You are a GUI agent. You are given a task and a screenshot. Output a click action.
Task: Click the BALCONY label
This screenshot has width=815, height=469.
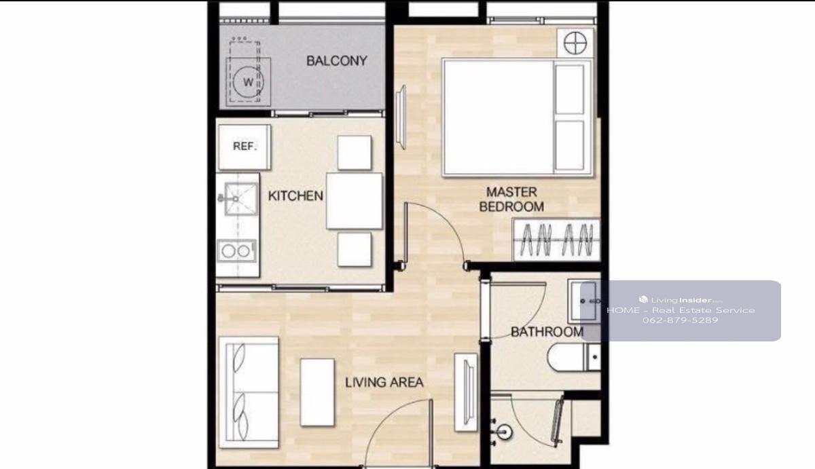tap(337, 60)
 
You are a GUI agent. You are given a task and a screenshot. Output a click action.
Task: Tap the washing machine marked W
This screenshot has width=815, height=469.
tap(249, 82)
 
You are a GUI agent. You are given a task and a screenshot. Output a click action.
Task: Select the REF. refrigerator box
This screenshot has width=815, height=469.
tap(244, 147)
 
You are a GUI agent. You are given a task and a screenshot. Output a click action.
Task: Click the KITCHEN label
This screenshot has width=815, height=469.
tap(295, 196)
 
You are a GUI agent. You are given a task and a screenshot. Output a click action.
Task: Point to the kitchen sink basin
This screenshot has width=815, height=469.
tap(240, 198)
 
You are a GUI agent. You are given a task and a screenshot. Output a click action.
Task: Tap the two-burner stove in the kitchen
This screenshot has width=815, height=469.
tap(236, 251)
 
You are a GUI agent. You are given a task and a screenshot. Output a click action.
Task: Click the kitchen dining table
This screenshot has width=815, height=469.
tap(355, 201)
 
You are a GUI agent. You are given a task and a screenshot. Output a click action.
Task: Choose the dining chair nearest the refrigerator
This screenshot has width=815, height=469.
tap(355, 153)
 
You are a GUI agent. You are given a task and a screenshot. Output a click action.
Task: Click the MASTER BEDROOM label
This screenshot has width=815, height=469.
tap(511, 200)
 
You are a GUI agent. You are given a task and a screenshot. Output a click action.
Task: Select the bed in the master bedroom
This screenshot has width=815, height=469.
tap(518, 118)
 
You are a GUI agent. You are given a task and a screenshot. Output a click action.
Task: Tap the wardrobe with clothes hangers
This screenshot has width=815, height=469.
tap(556, 240)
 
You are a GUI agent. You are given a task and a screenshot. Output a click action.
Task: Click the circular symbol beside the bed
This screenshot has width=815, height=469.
tap(575, 43)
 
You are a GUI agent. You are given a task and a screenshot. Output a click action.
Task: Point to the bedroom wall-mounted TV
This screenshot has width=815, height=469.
tap(401, 117)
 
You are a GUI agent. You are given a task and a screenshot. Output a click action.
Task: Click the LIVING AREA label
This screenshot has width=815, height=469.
tap(384, 382)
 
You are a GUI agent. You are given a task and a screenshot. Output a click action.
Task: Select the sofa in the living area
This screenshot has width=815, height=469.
tap(249, 392)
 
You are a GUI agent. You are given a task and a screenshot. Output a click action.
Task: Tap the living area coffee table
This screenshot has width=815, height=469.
tap(317, 392)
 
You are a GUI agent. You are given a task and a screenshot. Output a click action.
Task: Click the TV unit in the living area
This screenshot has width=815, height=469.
tap(466, 392)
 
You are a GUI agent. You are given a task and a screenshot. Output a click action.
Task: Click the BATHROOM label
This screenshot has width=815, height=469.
tap(547, 332)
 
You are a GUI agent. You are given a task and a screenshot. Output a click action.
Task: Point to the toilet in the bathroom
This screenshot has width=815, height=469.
tap(574, 358)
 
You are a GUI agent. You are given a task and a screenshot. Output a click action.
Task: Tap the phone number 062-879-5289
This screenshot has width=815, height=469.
tap(680, 320)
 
